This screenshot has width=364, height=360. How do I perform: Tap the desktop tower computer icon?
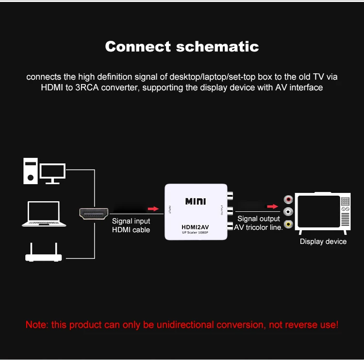tap(31, 171)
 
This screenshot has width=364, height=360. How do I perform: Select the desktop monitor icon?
tap(52, 172)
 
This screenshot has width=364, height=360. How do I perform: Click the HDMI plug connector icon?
tap(94, 214)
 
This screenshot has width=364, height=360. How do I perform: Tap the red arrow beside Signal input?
tap(153, 209)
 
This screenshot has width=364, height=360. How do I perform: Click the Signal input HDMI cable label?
tap(131, 225)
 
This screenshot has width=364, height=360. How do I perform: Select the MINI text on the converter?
tap(197, 201)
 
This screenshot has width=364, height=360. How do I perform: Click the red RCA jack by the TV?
tap(289, 199)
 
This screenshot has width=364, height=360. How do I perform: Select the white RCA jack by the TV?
tap(289, 212)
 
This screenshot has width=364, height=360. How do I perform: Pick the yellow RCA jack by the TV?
tap(289, 224)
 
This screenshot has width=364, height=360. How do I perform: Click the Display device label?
tap(323, 241)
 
